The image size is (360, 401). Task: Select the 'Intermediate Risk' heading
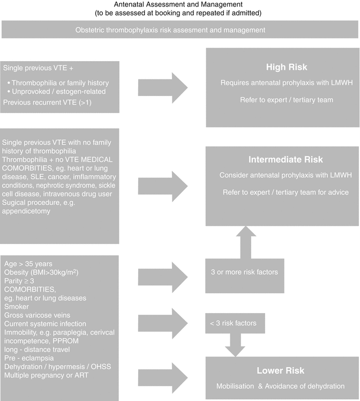[x=282, y=160]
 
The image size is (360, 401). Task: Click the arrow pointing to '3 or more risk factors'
[x=163, y=276]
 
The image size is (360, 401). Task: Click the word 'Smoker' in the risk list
[x=17, y=307]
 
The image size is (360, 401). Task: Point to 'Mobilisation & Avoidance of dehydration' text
[x=280, y=386]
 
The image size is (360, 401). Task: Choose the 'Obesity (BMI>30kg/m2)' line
[x=41, y=272]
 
